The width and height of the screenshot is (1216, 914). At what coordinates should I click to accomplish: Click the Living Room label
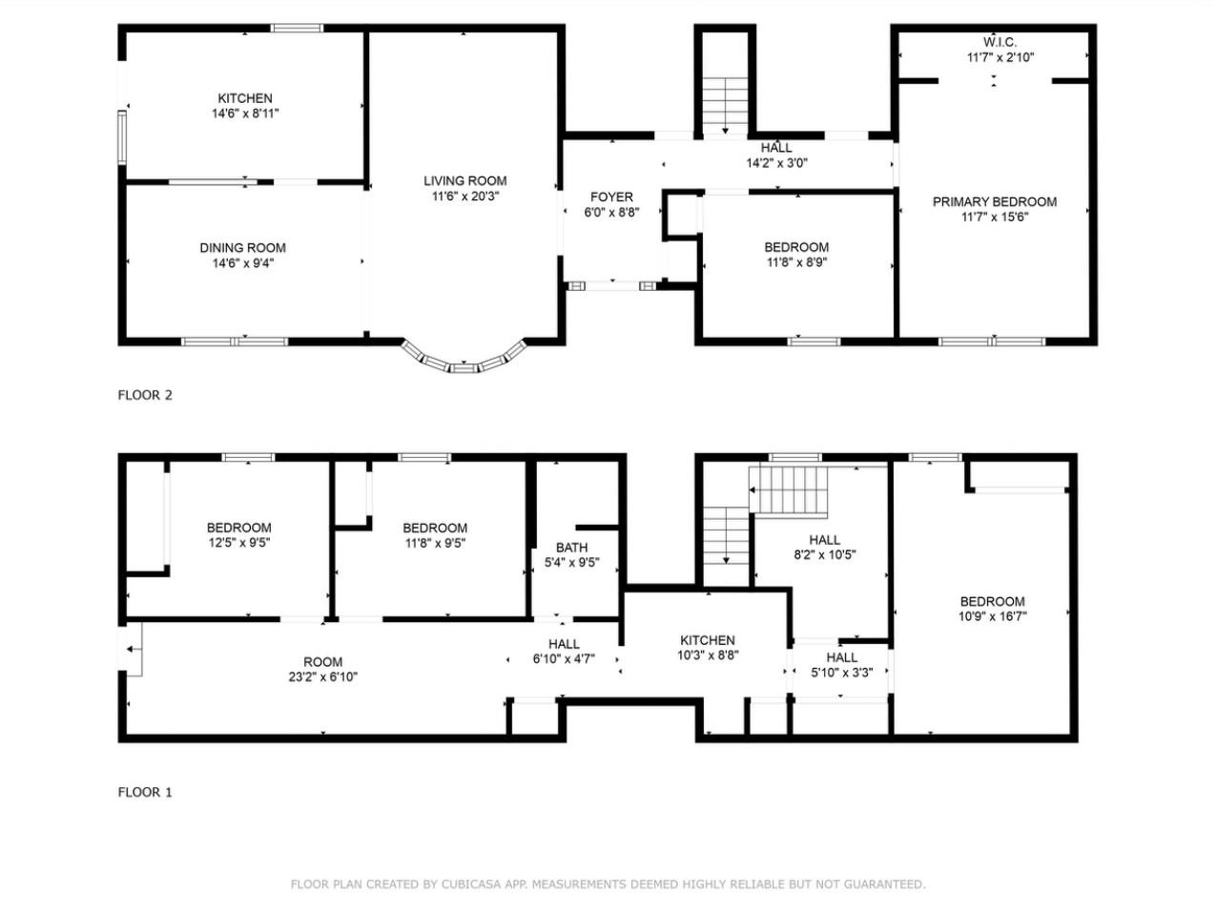pos(464,181)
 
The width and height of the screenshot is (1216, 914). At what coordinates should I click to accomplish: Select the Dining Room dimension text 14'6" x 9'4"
pos(243,263)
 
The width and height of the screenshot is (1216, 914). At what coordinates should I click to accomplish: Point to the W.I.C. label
pos(1000,42)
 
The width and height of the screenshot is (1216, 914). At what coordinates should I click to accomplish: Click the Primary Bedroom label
pos(995,202)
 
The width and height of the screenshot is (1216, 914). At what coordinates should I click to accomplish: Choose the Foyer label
pos(611,197)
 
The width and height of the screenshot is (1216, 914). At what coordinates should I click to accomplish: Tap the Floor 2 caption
pos(145,395)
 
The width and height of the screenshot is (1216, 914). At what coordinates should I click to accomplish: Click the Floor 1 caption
pos(145,792)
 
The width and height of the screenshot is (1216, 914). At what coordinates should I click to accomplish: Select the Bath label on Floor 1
pos(571,548)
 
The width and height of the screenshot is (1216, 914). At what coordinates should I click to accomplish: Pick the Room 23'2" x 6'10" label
pos(323,669)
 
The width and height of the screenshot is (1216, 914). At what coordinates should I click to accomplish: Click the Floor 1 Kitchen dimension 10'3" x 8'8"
pos(708,655)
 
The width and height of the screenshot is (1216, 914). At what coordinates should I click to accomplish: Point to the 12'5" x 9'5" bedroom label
pos(239,535)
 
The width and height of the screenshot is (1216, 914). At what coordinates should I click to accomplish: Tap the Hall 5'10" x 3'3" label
pos(842,665)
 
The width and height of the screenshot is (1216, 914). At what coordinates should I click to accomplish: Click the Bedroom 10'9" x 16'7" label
pos(993,609)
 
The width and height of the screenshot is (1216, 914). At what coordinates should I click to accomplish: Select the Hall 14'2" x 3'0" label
pos(776,156)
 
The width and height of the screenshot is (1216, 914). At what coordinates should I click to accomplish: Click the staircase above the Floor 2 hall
pos(725,105)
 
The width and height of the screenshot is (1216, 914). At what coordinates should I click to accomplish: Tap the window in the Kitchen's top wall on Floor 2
pos(297,28)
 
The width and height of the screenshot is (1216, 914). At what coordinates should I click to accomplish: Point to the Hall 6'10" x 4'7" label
pos(564,652)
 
